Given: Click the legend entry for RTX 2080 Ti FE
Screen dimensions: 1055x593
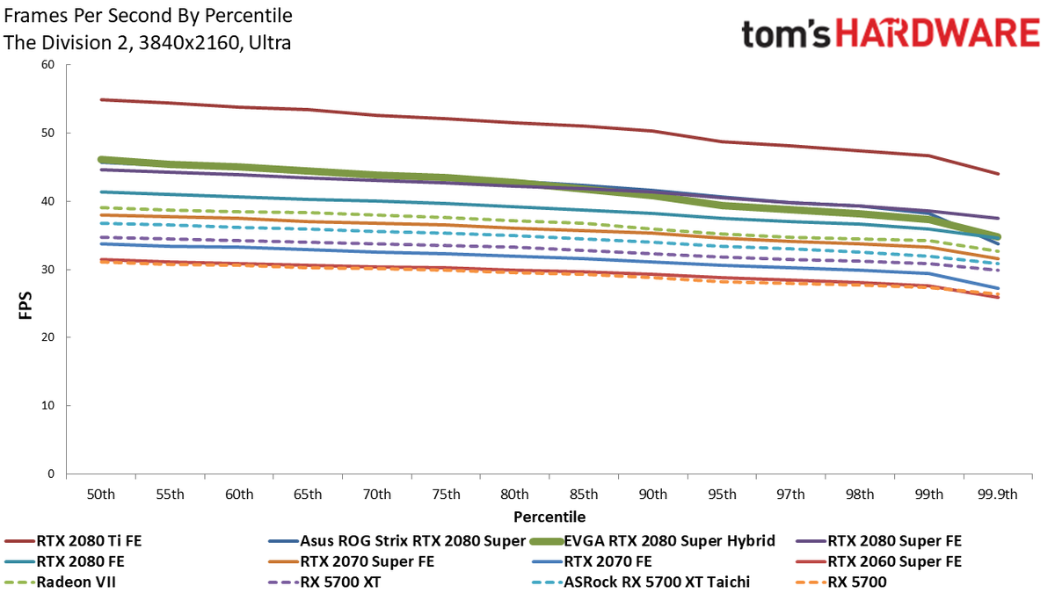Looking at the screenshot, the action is (x=73, y=541).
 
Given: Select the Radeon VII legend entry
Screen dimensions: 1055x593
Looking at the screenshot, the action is (x=60, y=582).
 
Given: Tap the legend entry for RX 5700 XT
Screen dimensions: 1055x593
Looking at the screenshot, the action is (x=324, y=582).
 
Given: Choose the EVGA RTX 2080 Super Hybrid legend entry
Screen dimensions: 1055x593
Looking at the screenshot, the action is (x=652, y=541).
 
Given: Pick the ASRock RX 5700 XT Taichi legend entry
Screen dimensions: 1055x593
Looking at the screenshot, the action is (x=641, y=582).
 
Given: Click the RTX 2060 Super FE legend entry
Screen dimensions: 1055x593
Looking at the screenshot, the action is (x=878, y=561).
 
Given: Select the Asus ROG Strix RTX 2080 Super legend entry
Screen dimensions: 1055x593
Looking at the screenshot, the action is (x=397, y=541).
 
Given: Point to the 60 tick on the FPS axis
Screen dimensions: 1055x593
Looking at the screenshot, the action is (x=48, y=64).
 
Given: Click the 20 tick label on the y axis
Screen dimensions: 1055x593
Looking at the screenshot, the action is (x=48, y=337).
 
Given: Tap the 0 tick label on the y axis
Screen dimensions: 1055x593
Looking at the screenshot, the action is (x=51, y=474).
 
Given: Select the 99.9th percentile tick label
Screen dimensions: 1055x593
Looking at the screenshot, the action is (x=998, y=494).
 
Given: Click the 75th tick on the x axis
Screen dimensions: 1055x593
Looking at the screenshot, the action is (x=446, y=494).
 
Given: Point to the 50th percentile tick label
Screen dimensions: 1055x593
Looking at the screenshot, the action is (x=101, y=494).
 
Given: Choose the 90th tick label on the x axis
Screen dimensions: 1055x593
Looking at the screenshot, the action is (x=652, y=494).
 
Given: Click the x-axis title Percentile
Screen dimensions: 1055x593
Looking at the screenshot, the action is (x=549, y=517).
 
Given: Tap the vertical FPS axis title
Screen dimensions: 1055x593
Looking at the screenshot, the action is (x=25, y=306).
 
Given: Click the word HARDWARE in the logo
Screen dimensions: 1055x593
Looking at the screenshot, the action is (x=938, y=33).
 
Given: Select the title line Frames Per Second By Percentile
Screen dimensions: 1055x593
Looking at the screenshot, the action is (x=148, y=16).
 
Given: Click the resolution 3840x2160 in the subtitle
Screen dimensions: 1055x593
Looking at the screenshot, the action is (x=188, y=43).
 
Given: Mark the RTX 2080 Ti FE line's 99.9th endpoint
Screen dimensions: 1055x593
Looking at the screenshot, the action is (x=998, y=174).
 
